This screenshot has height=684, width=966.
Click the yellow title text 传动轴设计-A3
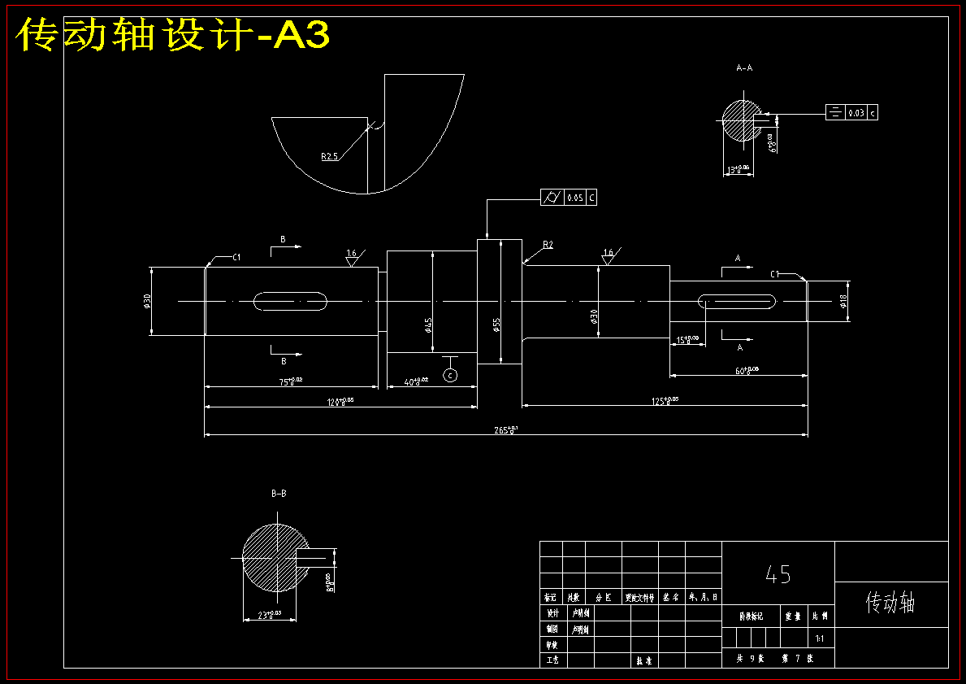173,36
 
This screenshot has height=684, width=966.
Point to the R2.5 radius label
329,156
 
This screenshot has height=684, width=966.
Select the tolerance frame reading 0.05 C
569,198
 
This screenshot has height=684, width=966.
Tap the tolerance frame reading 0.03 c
851,113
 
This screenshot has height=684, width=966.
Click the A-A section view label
743,68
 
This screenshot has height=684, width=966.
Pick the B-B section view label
279,493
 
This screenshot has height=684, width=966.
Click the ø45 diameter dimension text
428,325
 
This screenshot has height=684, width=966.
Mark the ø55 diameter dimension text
496,325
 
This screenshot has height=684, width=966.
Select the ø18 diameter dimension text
843,302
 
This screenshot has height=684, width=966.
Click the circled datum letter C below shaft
449,375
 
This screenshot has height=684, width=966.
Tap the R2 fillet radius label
548,245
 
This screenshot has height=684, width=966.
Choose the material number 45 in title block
778,575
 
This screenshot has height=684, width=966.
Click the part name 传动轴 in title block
890,603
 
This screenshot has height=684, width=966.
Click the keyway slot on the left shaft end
290,302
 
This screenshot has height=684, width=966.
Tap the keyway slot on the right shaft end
737,302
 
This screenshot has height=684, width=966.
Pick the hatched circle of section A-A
742,120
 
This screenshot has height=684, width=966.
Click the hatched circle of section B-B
275,557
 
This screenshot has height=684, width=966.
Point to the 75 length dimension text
290,381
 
